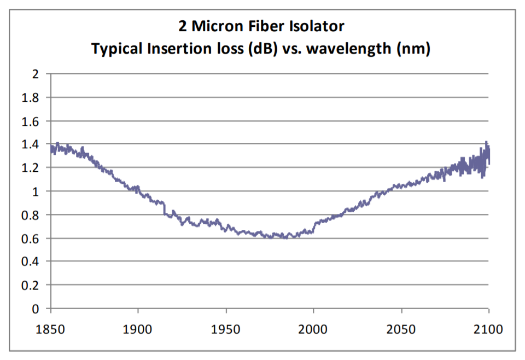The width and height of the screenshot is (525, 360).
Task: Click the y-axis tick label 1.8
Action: [30, 97]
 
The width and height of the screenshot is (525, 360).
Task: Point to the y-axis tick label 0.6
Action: [30, 239]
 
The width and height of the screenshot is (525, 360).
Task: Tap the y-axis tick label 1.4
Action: [30, 144]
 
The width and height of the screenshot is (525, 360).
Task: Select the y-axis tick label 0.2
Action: [30, 286]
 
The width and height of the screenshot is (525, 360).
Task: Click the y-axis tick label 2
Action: [36, 74]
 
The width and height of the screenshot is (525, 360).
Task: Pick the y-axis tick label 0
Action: [36, 309]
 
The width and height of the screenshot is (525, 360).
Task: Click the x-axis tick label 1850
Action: [50, 330]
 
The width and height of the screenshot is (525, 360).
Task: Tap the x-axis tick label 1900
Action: [138, 330]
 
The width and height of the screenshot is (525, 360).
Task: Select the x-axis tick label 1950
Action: [226, 330]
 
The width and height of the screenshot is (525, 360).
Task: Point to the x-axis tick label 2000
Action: [313, 330]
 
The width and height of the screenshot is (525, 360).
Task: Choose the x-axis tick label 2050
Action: [401, 330]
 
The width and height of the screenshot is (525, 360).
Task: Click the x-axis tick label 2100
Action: [488, 330]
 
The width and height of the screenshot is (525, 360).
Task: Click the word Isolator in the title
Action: [317, 26]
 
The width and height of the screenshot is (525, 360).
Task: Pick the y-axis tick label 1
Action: [36, 191]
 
